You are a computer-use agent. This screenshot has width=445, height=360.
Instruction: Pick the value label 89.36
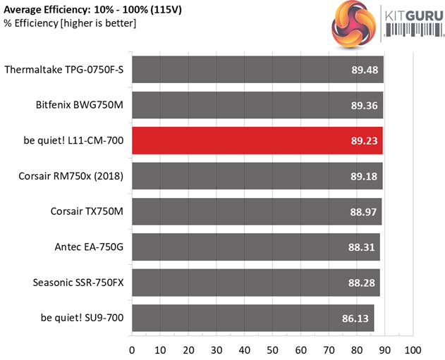(365, 106)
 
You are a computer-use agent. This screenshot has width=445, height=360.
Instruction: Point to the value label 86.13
(356, 318)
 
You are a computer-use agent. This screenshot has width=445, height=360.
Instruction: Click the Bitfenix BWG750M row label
(80, 106)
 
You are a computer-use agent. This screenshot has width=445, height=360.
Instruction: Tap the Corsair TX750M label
(87, 211)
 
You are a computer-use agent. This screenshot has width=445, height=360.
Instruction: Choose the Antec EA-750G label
(89, 247)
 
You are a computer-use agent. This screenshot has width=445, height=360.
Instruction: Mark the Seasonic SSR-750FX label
(78, 283)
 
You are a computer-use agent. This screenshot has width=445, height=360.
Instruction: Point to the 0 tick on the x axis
(132, 349)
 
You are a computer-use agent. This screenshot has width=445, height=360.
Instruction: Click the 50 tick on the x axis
(272, 349)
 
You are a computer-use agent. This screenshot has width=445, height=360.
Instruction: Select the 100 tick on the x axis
(413, 349)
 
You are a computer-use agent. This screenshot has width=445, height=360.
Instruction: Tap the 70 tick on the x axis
(329, 349)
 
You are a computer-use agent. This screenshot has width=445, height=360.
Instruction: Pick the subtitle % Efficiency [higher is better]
(70, 24)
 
